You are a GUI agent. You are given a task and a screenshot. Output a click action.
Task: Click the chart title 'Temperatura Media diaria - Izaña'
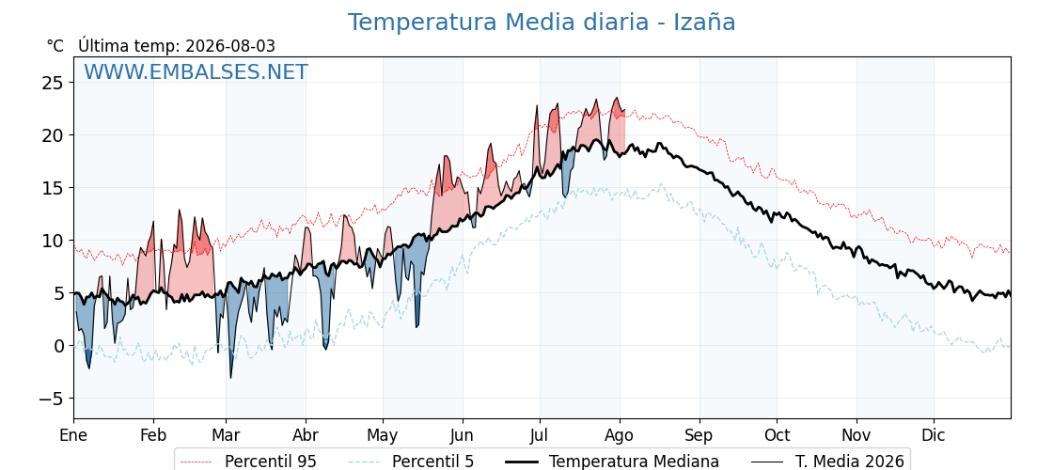click(x=542, y=23)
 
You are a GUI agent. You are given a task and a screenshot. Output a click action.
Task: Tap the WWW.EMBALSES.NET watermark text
click(x=196, y=71)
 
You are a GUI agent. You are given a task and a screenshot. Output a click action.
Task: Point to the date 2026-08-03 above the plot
click(x=230, y=46)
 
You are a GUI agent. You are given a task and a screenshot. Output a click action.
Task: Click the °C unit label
click(x=55, y=46)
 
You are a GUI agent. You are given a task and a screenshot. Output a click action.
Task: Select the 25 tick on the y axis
click(x=54, y=83)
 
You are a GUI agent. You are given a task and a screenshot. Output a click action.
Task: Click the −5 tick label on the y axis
click(x=48, y=399)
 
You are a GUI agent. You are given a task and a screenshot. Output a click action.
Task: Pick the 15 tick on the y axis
click(x=54, y=188)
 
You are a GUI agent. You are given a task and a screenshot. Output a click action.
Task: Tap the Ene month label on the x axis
click(x=73, y=436)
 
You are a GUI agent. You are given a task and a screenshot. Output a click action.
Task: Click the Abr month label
click(x=306, y=436)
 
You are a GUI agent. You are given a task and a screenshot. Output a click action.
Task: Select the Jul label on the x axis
click(x=540, y=436)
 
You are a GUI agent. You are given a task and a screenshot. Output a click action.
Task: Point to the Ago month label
click(x=620, y=436)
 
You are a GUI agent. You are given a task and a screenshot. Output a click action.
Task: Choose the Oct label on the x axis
click(x=777, y=436)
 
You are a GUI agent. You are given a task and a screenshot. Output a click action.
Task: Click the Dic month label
click(x=934, y=436)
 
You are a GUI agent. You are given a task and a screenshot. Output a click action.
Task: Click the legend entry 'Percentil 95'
click(x=271, y=462)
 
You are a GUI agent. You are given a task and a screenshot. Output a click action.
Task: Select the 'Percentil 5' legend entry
click(x=433, y=462)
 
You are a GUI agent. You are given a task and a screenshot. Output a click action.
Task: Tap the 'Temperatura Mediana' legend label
click(x=634, y=462)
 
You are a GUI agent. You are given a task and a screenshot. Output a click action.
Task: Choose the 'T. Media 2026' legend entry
click(x=850, y=462)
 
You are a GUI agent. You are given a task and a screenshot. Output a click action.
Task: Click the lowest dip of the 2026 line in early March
click(x=231, y=378)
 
